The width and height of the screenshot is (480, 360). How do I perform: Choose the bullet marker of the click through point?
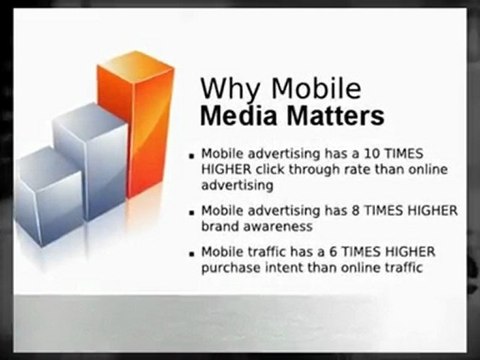193,156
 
